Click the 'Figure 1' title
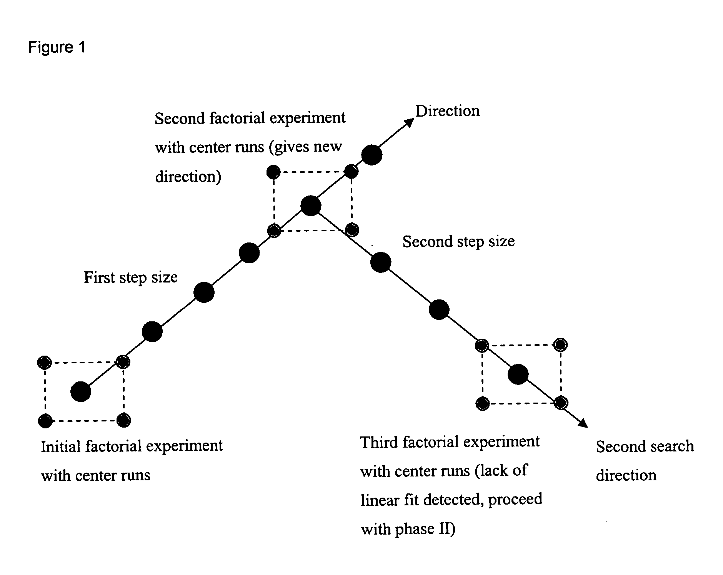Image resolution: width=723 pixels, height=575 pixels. point(57,47)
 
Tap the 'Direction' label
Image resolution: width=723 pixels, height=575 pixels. point(448,111)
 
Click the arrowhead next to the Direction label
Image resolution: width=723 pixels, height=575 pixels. point(410,122)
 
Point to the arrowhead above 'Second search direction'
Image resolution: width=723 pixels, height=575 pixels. point(583,423)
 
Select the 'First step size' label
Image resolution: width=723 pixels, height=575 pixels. point(131,277)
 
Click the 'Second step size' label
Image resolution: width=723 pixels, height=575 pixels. point(458,241)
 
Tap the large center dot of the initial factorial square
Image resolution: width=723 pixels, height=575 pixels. point(81,392)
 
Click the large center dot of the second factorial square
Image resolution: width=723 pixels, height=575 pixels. point(311,206)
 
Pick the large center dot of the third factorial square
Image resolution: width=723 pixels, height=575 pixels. point(518,374)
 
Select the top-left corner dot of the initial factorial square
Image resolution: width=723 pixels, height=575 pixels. point(45,362)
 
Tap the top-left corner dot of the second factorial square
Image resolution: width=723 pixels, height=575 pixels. point(273,172)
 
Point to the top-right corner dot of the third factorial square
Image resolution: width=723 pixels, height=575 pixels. point(560,344)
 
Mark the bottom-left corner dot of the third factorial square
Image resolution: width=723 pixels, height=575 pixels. point(482,404)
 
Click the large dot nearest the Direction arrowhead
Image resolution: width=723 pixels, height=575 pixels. point(372,155)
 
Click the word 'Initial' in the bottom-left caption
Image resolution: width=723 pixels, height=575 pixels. point(60,447)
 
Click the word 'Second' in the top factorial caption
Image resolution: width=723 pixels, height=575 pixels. point(179,118)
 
